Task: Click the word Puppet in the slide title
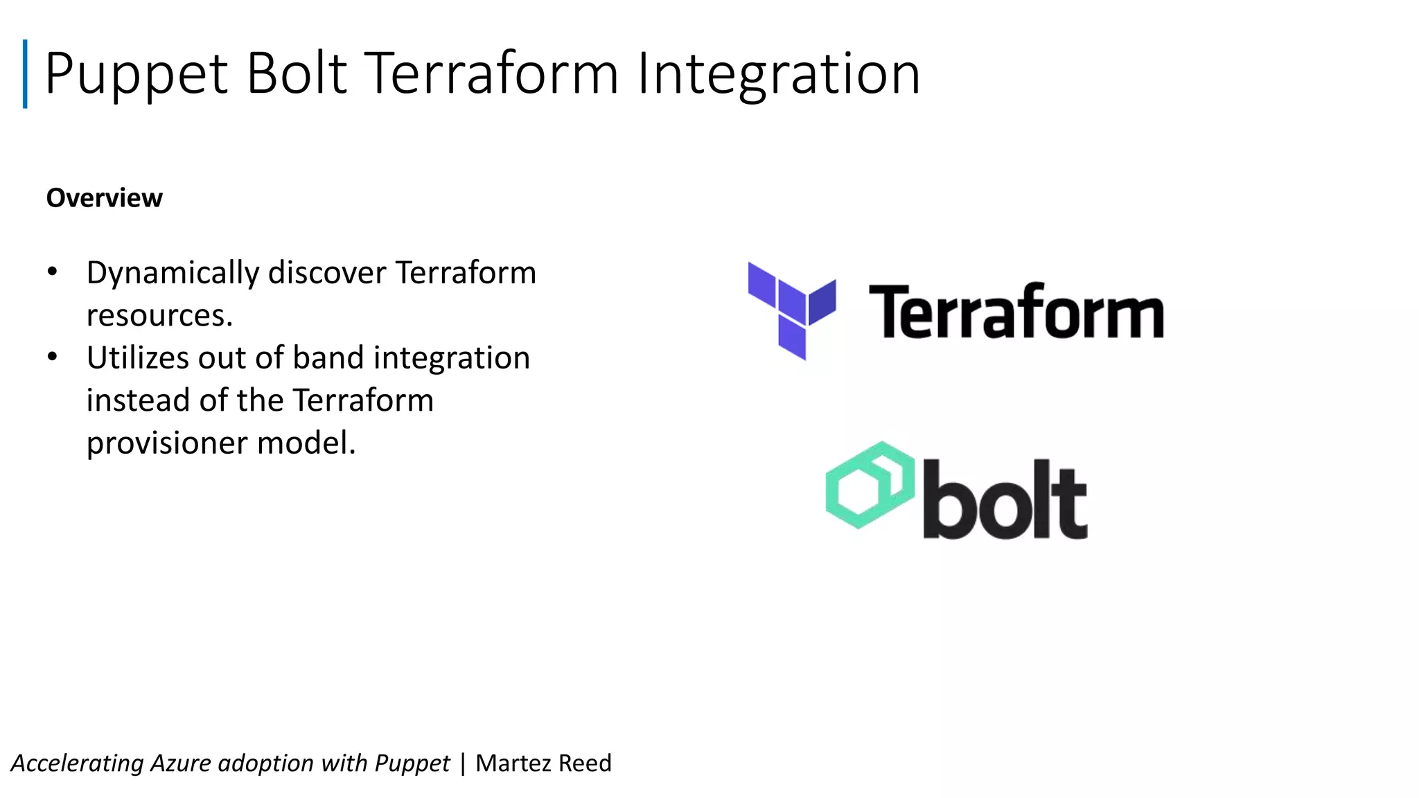click(136, 74)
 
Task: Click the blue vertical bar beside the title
click(26, 74)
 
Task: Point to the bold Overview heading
click(105, 198)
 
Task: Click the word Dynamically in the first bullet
click(173, 273)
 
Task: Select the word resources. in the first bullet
click(159, 316)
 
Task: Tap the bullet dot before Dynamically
click(53, 272)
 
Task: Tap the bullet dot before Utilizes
click(53, 357)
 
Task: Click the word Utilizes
click(138, 358)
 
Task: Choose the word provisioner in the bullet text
click(167, 443)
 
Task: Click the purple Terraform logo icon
click(792, 310)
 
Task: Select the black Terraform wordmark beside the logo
click(1016, 312)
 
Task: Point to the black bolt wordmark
click(1005, 500)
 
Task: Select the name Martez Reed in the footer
click(543, 763)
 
